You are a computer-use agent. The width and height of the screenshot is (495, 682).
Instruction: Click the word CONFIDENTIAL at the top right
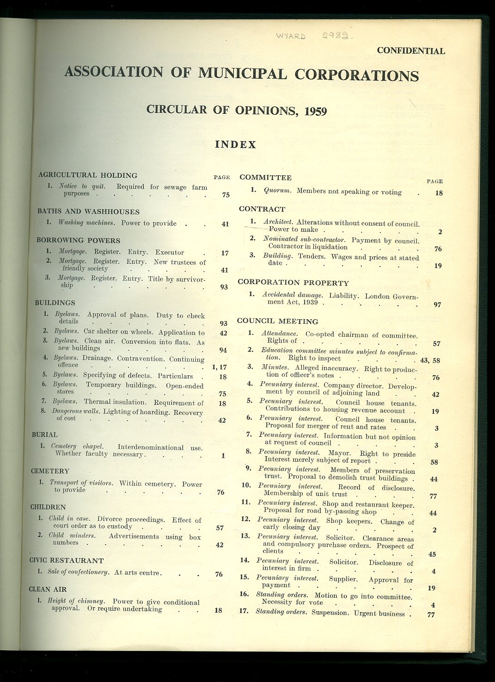click(411, 51)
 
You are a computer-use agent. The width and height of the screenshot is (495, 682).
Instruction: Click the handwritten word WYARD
click(291, 36)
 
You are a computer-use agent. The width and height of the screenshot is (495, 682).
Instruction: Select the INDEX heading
click(235, 145)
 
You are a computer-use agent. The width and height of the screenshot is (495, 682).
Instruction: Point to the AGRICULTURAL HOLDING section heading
click(88, 175)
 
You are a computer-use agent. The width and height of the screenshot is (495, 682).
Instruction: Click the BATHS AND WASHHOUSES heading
click(88, 212)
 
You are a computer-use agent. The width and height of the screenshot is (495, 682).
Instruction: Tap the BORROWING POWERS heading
click(78, 241)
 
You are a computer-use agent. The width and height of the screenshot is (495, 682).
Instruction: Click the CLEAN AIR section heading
click(48, 589)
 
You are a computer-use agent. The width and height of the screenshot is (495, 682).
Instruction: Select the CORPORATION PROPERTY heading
click(293, 283)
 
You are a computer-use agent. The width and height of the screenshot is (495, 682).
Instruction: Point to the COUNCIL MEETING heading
click(277, 321)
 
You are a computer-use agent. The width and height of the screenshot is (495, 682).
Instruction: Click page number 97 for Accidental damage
click(437, 304)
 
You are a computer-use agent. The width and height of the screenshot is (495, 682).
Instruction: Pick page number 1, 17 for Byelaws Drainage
click(219, 367)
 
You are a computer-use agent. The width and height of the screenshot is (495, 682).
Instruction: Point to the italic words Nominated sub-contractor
click(304, 239)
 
